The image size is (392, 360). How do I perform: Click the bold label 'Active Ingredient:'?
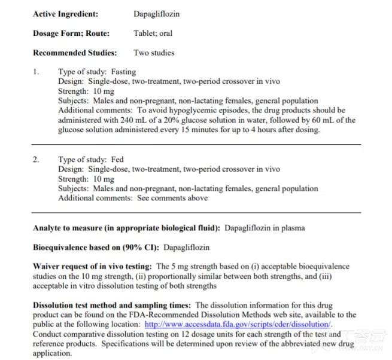click(66, 14)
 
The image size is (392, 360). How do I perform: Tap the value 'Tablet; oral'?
click(153, 33)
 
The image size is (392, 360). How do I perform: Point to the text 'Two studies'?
click(154, 53)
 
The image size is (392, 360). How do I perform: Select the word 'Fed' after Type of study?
click(118, 160)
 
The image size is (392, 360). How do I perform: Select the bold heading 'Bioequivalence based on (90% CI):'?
click(96, 247)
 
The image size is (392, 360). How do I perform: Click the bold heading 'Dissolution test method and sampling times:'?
click(112, 305)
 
